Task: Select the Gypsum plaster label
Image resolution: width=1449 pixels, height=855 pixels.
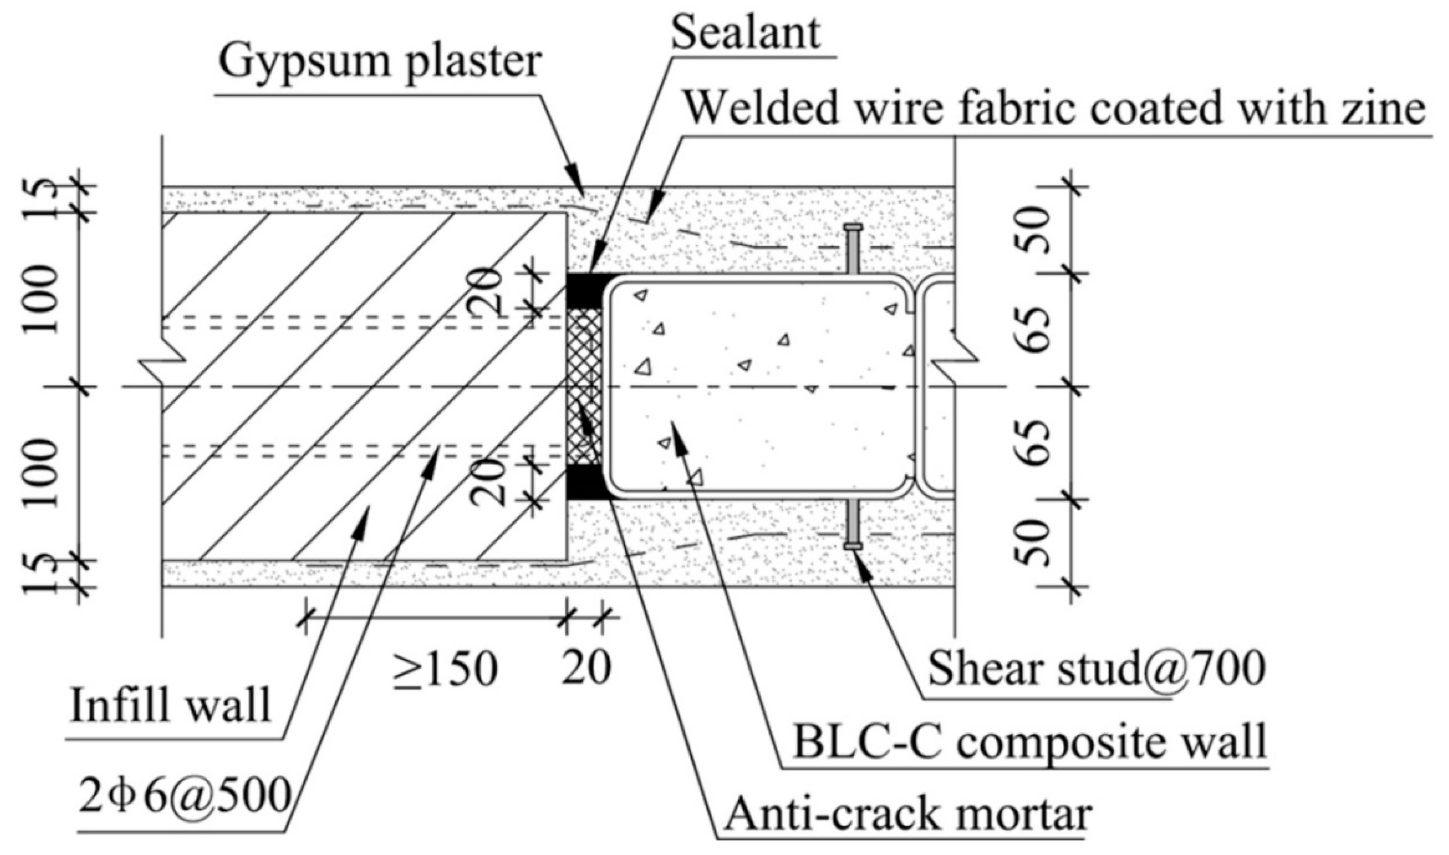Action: [x=380, y=62]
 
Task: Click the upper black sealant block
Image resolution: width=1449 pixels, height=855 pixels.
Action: [x=585, y=291]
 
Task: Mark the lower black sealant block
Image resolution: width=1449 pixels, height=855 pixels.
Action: [x=585, y=481]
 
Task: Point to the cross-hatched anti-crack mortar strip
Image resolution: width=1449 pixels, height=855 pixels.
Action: [x=585, y=386]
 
